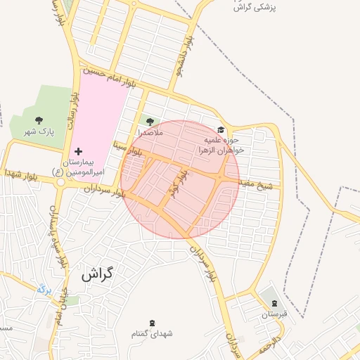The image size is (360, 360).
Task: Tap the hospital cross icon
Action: (x=78, y=151)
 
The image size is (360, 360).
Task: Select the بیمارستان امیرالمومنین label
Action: (x=87, y=167)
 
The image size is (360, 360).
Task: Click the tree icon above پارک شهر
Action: (x=38, y=120)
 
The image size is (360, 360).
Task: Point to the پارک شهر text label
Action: (x=38, y=131)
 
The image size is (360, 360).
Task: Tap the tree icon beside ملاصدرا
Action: (x=149, y=122)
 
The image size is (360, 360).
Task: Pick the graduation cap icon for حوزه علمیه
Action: (x=221, y=129)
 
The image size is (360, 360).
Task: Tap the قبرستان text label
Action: (x=275, y=314)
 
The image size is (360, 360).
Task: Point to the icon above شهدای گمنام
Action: (x=152, y=323)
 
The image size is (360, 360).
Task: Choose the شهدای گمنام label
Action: (x=152, y=333)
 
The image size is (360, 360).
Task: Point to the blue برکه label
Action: (x=44, y=288)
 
